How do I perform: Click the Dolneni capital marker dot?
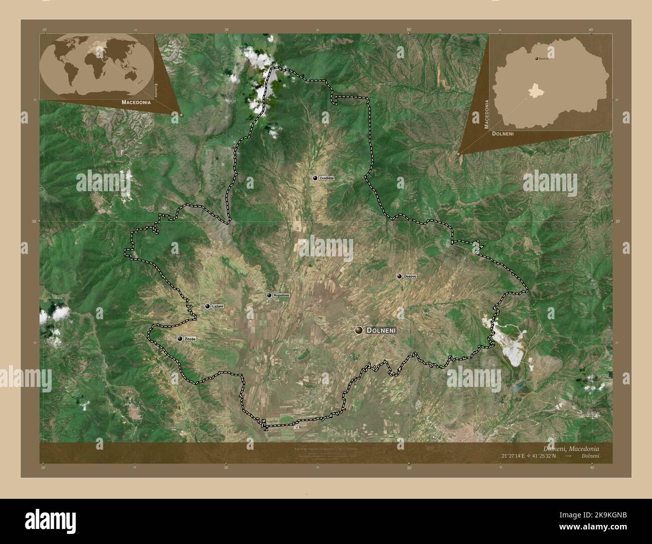coord(359,330)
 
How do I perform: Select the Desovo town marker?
coord(399,277)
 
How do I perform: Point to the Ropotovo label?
coord(281,296)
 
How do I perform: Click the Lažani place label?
coord(217,306)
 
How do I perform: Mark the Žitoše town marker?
coord(180,339)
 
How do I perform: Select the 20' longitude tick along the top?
coord(227,30)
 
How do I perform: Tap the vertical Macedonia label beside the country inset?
coord(486,114)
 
